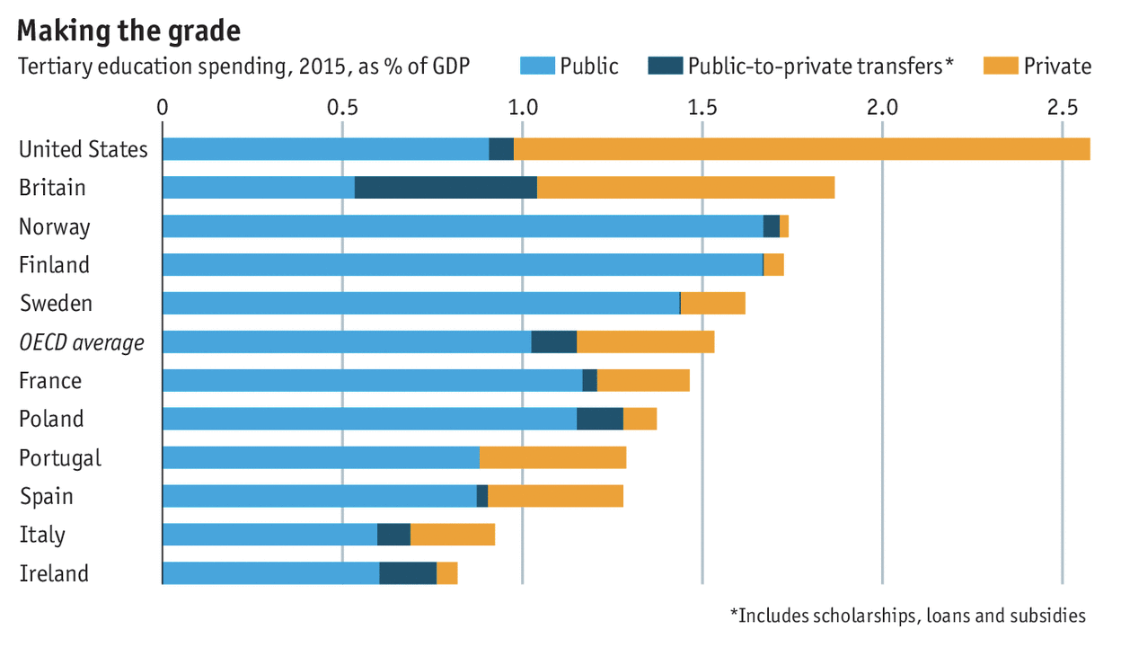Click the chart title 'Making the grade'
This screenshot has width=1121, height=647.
pyautogui.click(x=129, y=31)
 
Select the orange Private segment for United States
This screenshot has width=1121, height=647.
pyautogui.click(x=801, y=149)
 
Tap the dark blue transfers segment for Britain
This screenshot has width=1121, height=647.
pyautogui.click(x=446, y=188)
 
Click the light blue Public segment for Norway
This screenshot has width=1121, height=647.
pyautogui.click(x=463, y=226)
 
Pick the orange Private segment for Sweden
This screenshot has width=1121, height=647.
pyautogui.click(x=713, y=304)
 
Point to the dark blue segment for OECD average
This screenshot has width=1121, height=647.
pyautogui.click(x=554, y=342)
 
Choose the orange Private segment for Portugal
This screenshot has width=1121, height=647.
pyautogui.click(x=552, y=457)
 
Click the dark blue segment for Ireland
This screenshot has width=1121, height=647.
pyautogui.click(x=408, y=573)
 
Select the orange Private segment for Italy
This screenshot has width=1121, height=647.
pyautogui.click(x=453, y=535)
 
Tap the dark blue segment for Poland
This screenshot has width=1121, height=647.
pyautogui.click(x=600, y=419)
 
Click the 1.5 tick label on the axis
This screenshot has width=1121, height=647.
pyautogui.click(x=702, y=107)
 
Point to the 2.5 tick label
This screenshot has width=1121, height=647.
pyautogui.click(x=1062, y=107)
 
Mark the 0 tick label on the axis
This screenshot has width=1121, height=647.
pyautogui.click(x=163, y=107)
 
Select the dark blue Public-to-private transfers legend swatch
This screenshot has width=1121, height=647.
pyautogui.click(x=665, y=66)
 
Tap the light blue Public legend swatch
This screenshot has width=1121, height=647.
pyautogui.click(x=537, y=66)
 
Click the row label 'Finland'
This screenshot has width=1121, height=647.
pyautogui.click(x=55, y=265)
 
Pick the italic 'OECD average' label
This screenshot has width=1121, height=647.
pyautogui.click(x=82, y=342)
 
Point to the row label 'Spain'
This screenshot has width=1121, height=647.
pyautogui.click(x=47, y=496)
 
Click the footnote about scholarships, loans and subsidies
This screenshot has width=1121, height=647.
pyautogui.click(x=907, y=616)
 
